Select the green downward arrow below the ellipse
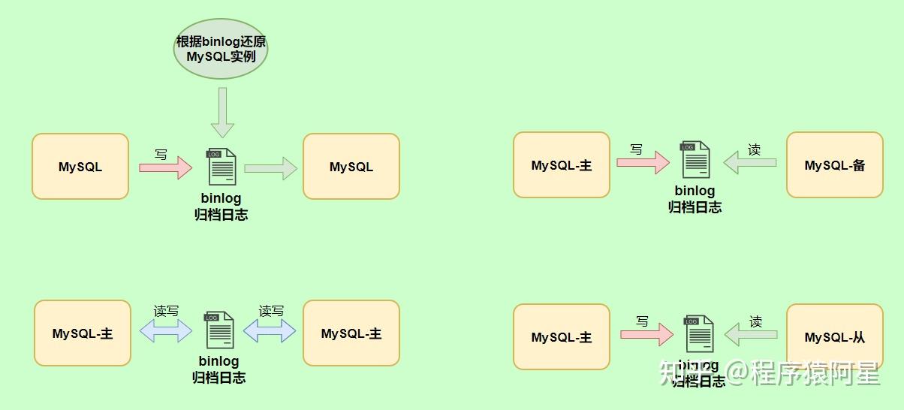(223, 112)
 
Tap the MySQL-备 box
(834, 165)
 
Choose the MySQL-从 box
(834, 337)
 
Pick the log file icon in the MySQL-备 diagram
(695, 159)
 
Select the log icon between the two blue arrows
(219, 330)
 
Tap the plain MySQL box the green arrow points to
(351, 167)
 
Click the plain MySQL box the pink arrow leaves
(80, 167)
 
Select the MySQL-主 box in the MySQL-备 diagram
(561, 165)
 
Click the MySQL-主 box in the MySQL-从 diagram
(561, 337)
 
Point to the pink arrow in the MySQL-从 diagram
(646, 334)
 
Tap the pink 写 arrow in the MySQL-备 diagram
(643, 162)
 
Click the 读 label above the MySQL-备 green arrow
(754, 149)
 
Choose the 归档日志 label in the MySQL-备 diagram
(695, 207)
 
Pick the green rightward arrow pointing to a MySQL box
(271, 168)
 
